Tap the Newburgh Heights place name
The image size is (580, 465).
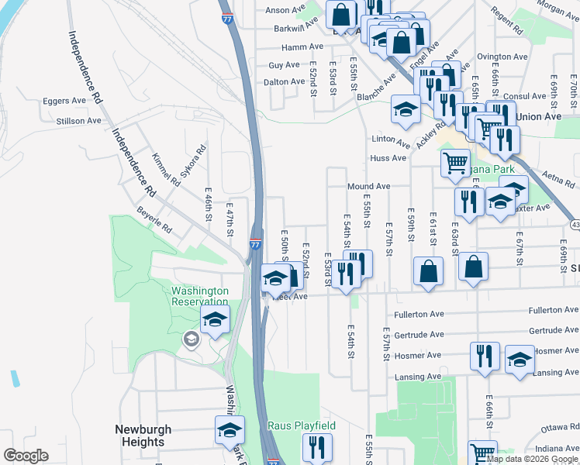(143, 436)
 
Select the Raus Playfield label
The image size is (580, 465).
(302, 426)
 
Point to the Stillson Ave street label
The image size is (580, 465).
(79, 121)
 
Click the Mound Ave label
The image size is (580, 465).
(368, 187)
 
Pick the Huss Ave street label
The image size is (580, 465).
(388, 158)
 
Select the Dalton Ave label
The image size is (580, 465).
(285, 81)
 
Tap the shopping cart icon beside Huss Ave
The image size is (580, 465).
(454, 163)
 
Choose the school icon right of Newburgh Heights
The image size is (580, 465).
(230, 429)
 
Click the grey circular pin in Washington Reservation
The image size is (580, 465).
(191, 339)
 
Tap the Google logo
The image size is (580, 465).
(26, 456)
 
